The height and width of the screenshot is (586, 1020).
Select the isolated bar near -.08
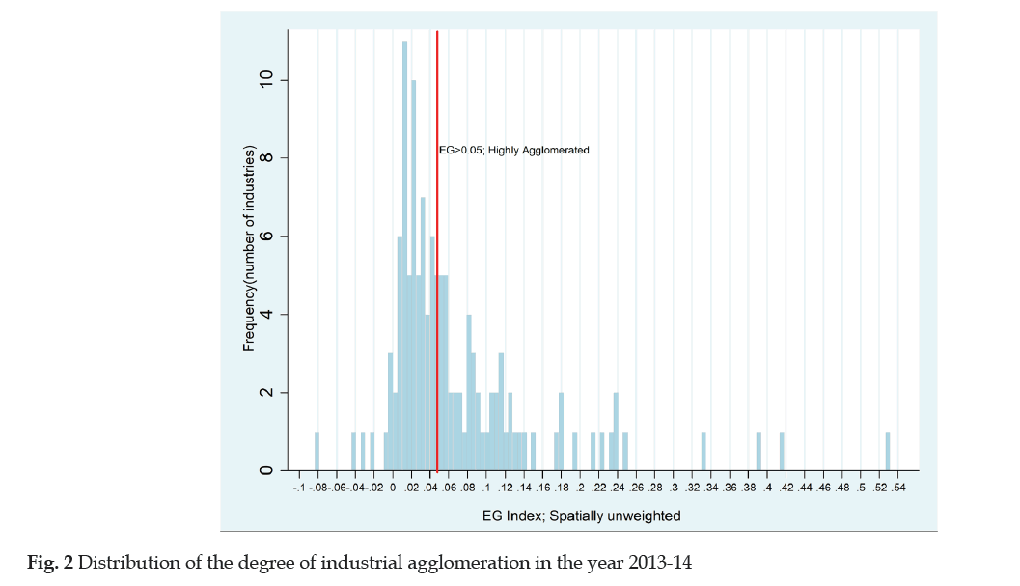point(317,452)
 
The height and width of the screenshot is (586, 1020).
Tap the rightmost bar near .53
point(888,452)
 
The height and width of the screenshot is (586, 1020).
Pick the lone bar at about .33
point(703,452)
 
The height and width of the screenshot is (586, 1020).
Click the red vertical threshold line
point(437,290)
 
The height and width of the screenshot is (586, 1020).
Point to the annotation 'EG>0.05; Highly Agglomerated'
point(513,151)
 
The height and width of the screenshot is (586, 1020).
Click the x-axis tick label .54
point(898,489)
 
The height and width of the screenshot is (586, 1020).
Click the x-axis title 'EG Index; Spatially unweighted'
point(581,516)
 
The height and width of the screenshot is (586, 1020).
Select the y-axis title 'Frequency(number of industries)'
point(249,249)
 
